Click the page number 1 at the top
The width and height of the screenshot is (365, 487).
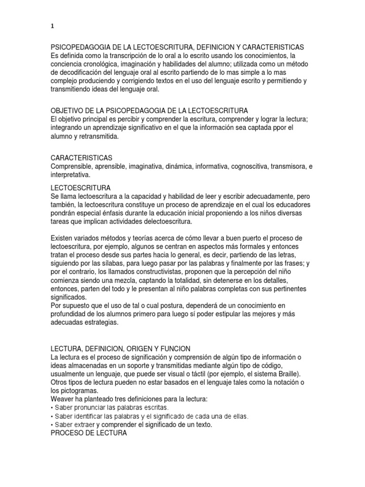pos(52,27)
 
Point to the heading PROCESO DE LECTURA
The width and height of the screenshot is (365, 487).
pos(88,433)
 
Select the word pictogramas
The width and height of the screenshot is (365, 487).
pos(77,390)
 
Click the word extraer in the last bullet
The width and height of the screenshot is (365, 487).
pos(92,425)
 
